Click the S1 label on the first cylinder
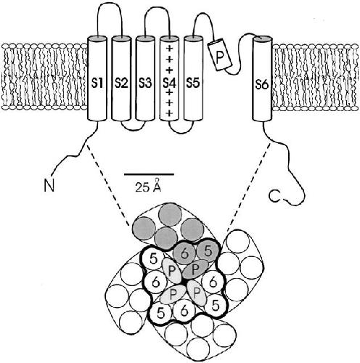(97, 83)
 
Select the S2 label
(121, 83)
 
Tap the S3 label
(145, 83)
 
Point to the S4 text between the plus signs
(170, 83)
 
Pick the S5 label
(193, 83)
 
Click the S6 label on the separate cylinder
(262, 85)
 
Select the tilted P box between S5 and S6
(220, 54)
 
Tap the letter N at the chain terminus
(49, 185)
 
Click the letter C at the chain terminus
(275, 196)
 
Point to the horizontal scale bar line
(149, 174)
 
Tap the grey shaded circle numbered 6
(184, 253)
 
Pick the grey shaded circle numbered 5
(208, 252)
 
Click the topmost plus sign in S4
(170, 48)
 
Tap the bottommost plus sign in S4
(170, 113)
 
